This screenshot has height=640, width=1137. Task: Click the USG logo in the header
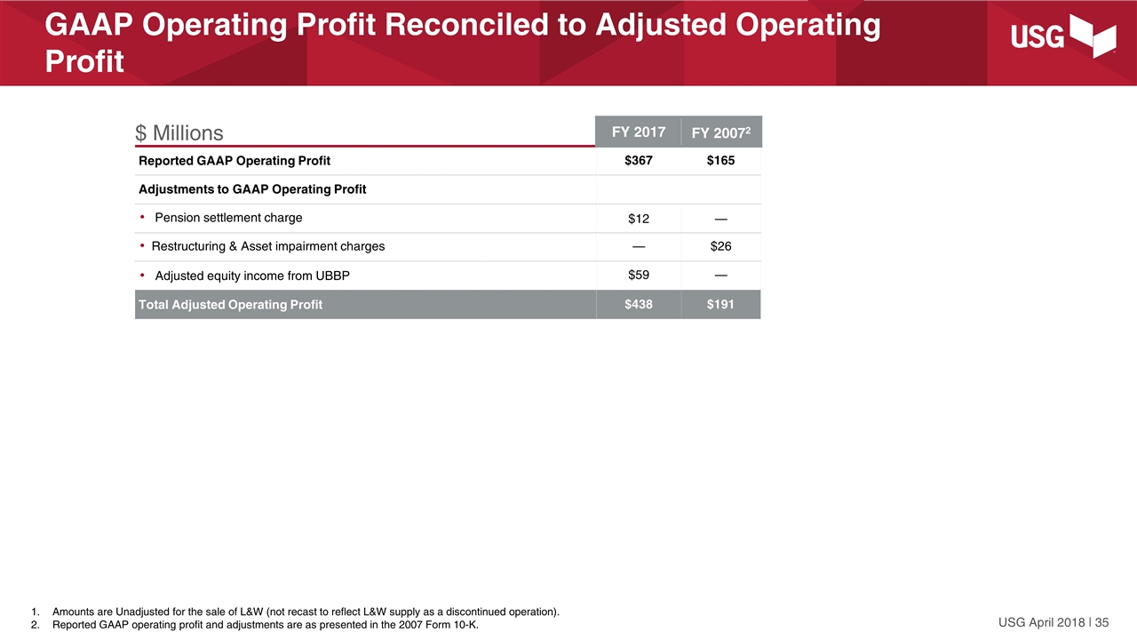1063,38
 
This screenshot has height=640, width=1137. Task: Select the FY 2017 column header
638,132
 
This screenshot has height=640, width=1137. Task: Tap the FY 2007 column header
720,133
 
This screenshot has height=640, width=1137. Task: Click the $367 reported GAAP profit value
638,161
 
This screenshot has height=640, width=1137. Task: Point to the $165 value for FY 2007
720,161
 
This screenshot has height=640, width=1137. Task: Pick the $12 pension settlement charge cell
638,219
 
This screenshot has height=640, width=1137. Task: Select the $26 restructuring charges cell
720,246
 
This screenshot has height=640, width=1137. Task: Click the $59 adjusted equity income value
638,275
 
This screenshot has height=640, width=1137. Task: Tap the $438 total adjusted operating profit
638,305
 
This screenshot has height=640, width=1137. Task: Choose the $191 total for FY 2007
720,305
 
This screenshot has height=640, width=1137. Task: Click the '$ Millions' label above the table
179,133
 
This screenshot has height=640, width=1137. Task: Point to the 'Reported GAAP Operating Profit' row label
235,161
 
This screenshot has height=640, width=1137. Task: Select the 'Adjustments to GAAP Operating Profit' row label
252,189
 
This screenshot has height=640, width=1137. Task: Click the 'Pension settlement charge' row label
228,218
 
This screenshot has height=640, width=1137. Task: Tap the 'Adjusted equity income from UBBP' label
252,276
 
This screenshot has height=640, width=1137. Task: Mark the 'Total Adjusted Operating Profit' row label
230,305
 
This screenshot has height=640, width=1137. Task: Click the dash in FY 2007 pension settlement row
720,219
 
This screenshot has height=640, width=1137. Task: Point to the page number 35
1101,621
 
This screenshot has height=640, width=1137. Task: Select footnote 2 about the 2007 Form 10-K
265,625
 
